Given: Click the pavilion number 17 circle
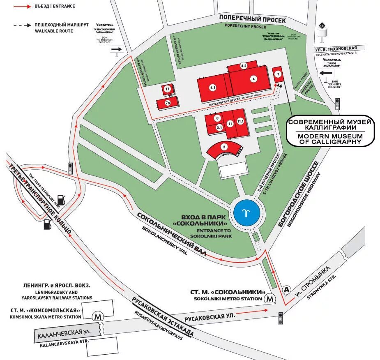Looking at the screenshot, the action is (x=167, y=89).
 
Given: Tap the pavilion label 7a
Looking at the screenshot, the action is (x=168, y=103).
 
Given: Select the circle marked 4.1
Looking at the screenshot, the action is (x=212, y=88).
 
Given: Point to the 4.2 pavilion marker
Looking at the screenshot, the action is (x=244, y=66).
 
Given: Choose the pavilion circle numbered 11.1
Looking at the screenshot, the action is (x=240, y=121).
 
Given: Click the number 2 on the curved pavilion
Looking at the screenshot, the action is (x=224, y=147).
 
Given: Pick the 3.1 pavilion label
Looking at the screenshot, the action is (x=219, y=127).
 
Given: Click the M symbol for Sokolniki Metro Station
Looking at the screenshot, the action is (x=270, y=298).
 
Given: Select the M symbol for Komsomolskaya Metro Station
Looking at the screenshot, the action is (x=97, y=316).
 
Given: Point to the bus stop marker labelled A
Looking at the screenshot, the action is (x=286, y=290).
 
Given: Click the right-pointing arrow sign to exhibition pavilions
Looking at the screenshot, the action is (x=117, y=49).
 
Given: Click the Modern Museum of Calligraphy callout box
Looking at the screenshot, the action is (x=330, y=130).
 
